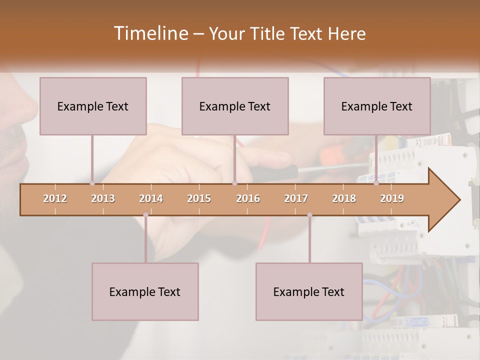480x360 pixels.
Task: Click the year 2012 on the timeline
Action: [x=55, y=198]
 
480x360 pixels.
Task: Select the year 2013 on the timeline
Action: [x=103, y=198]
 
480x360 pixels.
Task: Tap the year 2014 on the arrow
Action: [x=151, y=198]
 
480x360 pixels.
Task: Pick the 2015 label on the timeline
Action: [x=199, y=198]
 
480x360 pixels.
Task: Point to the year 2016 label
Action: [x=248, y=198]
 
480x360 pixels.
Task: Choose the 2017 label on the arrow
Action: [x=296, y=198]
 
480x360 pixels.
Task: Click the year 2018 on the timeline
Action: [x=344, y=198]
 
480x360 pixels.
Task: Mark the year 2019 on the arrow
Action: [x=392, y=198]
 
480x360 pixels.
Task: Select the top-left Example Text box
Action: [x=93, y=106]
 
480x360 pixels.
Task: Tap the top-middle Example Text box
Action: [x=235, y=106]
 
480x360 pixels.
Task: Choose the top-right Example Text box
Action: [x=377, y=106]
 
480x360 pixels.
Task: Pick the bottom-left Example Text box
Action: [x=145, y=291]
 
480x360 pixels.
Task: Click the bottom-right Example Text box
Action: [x=309, y=291]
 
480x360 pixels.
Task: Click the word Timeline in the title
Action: [x=149, y=33]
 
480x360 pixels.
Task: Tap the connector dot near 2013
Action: [x=92, y=183]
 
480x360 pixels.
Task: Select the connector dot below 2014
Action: [x=145, y=215]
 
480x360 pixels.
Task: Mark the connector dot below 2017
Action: [x=309, y=215]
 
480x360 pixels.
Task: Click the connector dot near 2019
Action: [x=376, y=183]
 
